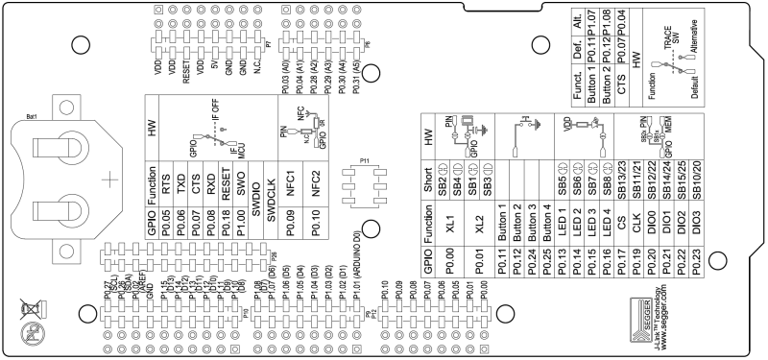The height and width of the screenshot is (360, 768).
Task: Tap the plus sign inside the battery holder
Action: click(x=111, y=179)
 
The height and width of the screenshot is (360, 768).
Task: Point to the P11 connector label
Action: click(x=364, y=157)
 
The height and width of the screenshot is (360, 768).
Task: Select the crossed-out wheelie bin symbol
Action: click(x=35, y=310)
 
